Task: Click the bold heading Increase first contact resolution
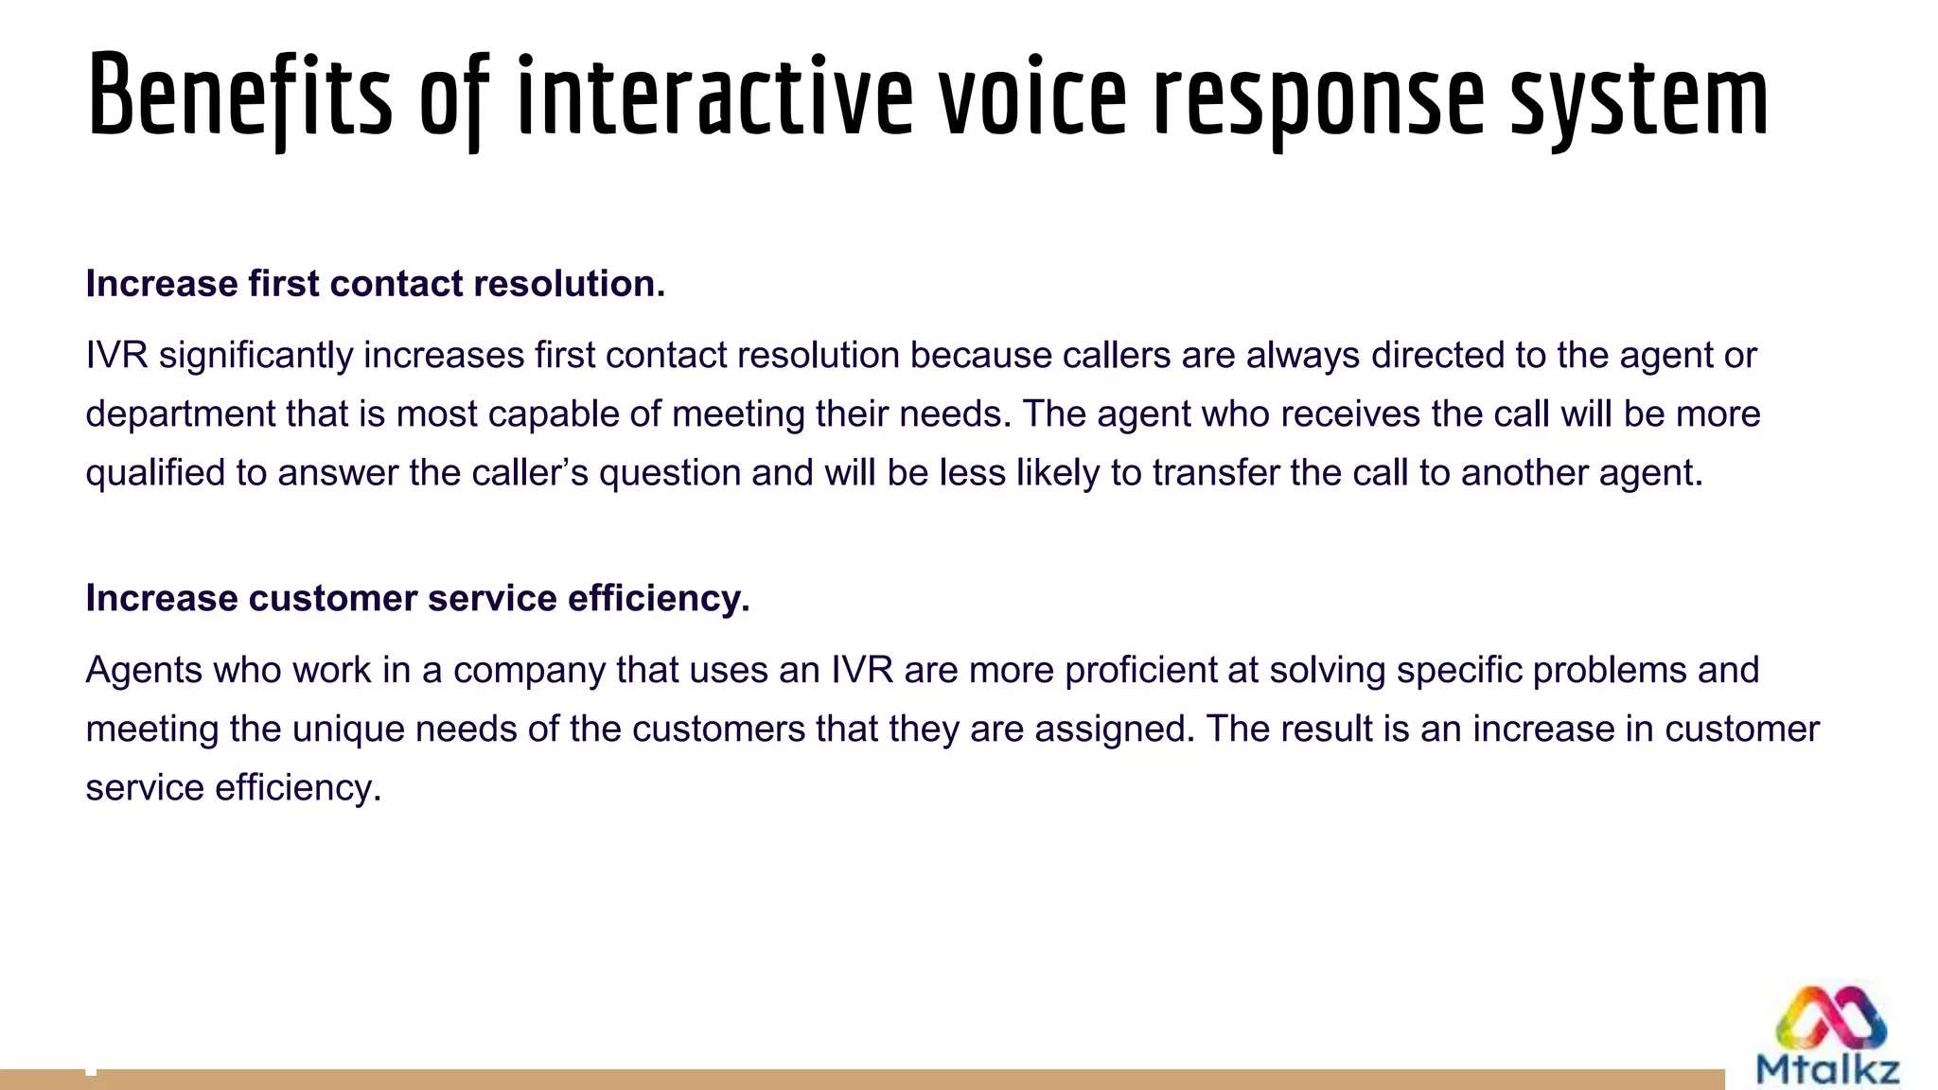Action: [x=376, y=284]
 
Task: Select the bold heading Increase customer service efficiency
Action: [x=417, y=598]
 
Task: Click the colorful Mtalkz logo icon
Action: [x=1830, y=1018]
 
